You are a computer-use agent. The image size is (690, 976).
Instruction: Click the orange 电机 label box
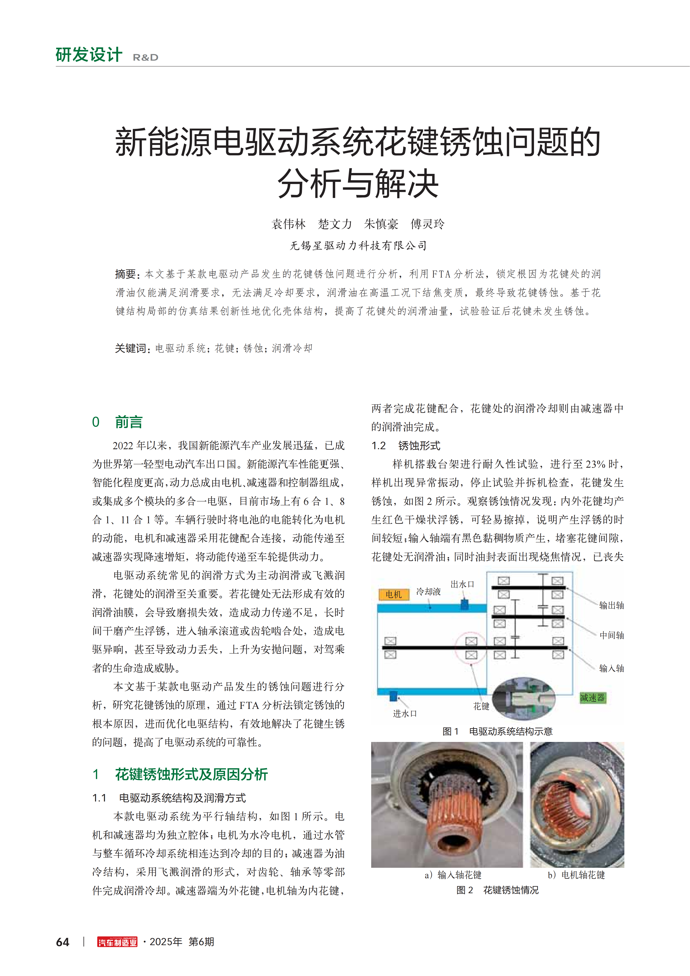coord(394,594)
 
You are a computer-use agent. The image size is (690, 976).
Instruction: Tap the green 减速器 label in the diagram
coord(592,698)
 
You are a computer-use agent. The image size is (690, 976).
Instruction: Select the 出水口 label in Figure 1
coord(462,584)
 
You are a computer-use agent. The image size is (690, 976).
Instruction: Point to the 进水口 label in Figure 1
coord(405,713)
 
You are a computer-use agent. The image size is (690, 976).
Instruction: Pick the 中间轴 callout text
coord(611,635)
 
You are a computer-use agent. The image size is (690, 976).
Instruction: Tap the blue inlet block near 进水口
coord(393,696)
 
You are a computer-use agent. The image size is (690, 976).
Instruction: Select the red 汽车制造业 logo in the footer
coord(117,942)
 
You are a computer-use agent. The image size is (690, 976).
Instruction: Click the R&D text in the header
coord(145,57)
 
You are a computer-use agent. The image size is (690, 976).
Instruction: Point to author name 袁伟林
coord(289,224)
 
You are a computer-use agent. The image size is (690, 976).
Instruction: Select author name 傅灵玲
coord(427,224)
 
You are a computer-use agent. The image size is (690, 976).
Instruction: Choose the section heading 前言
coord(128,422)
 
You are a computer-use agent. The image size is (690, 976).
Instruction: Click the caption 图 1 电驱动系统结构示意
coord(497,731)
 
